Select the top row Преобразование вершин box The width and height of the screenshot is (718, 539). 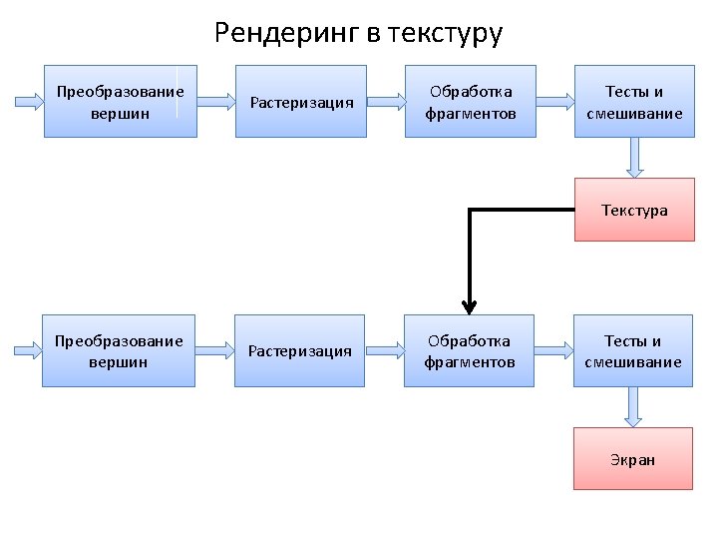[121, 102]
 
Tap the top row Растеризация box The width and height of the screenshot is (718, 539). [302, 102]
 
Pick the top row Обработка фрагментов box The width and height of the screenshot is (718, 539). [471, 102]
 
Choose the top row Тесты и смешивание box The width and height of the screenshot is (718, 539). [634, 102]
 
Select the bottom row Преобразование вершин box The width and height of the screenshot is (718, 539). [119, 351]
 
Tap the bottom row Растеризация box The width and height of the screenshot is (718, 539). [299, 351]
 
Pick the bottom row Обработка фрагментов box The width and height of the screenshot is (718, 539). [470, 351]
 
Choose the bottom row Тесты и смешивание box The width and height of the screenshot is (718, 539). [633, 351]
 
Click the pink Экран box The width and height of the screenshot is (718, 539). [633, 459]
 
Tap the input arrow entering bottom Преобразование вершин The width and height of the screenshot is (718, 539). [26, 351]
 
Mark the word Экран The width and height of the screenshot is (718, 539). [633, 460]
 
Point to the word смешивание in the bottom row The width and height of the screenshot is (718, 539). [633, 361]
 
